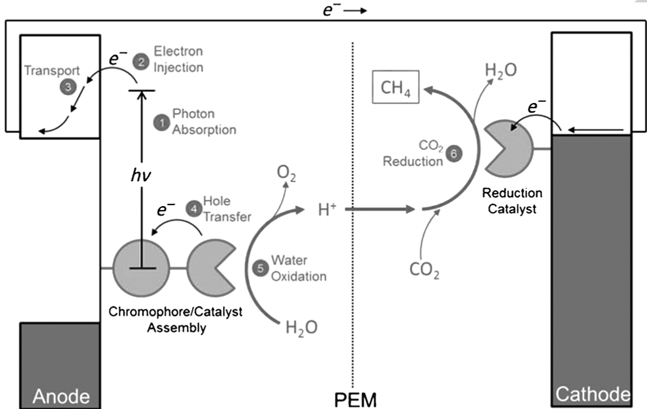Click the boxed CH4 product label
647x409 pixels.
(x=395, y=88)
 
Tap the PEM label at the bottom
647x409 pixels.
(x=354, y=399)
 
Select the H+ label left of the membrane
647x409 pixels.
(x=328, y=210)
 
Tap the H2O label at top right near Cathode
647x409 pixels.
(x=501, y=71)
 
